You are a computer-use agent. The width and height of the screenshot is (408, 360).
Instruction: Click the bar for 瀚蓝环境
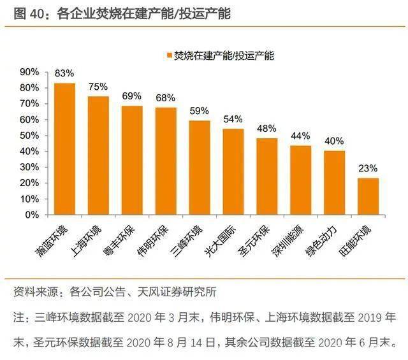[x=64, y=149]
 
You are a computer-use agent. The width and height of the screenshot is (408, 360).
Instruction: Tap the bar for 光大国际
[x=233, y=172]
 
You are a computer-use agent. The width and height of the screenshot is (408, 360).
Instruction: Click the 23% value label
[x=368, y=169]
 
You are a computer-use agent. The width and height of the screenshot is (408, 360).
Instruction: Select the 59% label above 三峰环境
[x=200, y=111]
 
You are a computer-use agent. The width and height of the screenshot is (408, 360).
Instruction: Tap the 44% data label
[x=300, y=136]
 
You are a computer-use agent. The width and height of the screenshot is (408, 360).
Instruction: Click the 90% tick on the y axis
[x=29, y=71]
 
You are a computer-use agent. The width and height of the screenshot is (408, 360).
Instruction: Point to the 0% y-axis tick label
[x=32, y=215]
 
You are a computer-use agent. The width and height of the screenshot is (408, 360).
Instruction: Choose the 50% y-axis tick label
[x=29, y=135]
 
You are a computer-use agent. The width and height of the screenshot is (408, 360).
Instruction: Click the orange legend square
[x=169, y=55]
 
